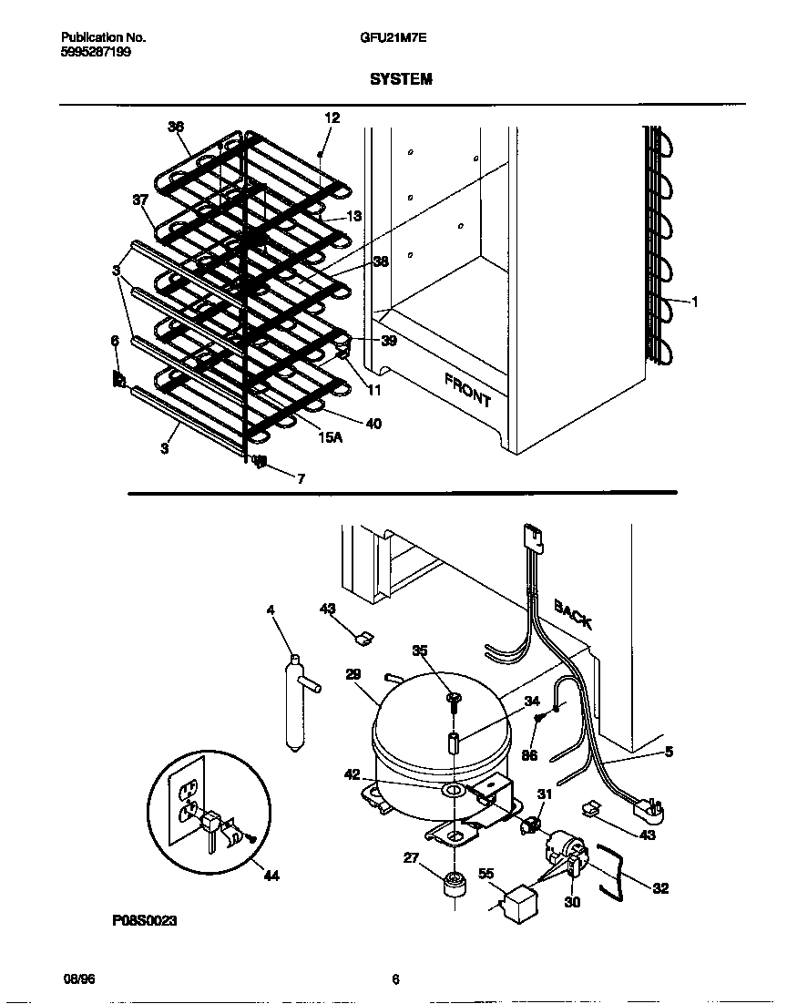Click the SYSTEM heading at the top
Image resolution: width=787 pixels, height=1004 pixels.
(x=401, y=79)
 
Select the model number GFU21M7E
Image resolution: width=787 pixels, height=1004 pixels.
(x=393, y=38)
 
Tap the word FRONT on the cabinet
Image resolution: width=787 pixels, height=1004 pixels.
(x=467, y=389)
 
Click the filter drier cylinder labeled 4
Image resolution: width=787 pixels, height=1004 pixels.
(x=294, y=705)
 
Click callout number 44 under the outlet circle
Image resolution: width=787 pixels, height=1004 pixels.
(x=271, y=876)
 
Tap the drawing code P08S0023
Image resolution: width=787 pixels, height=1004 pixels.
(x=145, y=921)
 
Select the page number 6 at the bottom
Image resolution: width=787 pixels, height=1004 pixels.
(x=395, y=980)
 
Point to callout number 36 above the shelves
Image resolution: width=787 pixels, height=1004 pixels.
(x=175, y=127)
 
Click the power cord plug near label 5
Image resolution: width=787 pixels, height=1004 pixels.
(x=649, y=808)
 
